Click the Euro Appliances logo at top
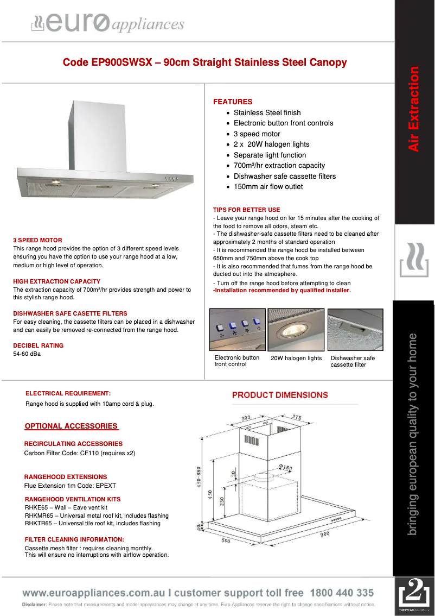107,24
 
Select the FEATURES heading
233,102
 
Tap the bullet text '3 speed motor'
257,134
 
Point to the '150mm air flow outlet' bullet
268,186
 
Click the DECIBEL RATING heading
38,345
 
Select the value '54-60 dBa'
27,354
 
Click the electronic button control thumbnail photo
238,330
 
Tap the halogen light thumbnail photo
296,330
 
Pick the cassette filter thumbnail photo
356,330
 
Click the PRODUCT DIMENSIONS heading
280,395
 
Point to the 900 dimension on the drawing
324,533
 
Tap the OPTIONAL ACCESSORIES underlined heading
71,426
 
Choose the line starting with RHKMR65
97,516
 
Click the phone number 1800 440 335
342,593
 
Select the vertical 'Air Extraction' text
414,109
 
